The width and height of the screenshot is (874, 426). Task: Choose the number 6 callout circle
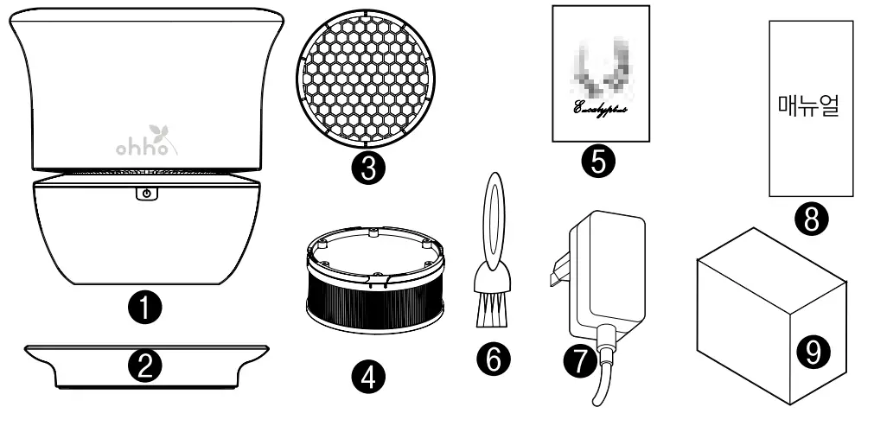tap(494, 359)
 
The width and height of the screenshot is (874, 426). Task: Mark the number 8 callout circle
tap(810, 220)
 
